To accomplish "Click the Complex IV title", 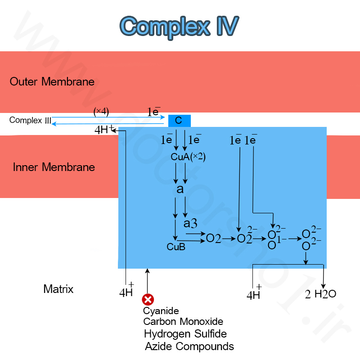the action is (179, 27).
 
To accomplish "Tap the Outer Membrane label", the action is (52, 81).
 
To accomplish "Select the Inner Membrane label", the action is (54, 167).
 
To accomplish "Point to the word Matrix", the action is (58, 289).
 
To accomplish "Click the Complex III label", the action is (30, 120).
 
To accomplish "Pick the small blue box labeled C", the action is (179, 121).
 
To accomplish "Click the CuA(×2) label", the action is (188, 157).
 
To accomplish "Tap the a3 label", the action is (190, 223).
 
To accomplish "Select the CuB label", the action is (176, 247).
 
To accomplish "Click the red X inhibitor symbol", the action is (148, 300).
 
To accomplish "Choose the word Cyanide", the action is (161, 311).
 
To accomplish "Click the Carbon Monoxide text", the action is (183, 321).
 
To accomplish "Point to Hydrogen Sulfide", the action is (185, 334).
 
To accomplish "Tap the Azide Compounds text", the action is (189, 346).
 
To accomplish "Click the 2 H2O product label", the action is (320, 294).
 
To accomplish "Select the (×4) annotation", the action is (101, 112).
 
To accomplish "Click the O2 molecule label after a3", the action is (213, 238).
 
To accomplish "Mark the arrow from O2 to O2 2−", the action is (229, 239).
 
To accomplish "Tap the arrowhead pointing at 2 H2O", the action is (323, 286).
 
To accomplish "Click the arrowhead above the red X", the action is (148, 271).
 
